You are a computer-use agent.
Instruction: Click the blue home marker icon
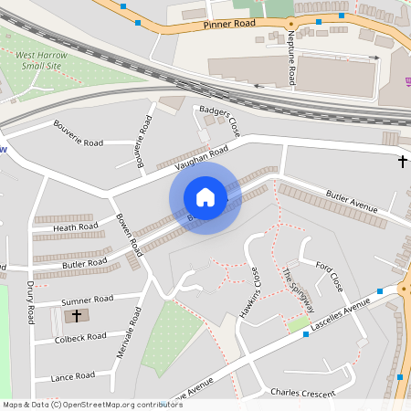coord(205,197)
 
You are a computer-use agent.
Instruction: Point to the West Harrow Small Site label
coord(42,60)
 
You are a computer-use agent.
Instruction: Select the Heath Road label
coord(76,227)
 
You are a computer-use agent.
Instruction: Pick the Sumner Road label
coord(87,299)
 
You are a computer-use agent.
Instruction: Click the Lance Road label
coord(73,375)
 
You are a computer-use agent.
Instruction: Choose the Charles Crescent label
coord(298,393)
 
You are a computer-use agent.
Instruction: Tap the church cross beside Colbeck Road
coord(77,316)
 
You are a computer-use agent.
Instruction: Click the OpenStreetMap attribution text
coord(91,404)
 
